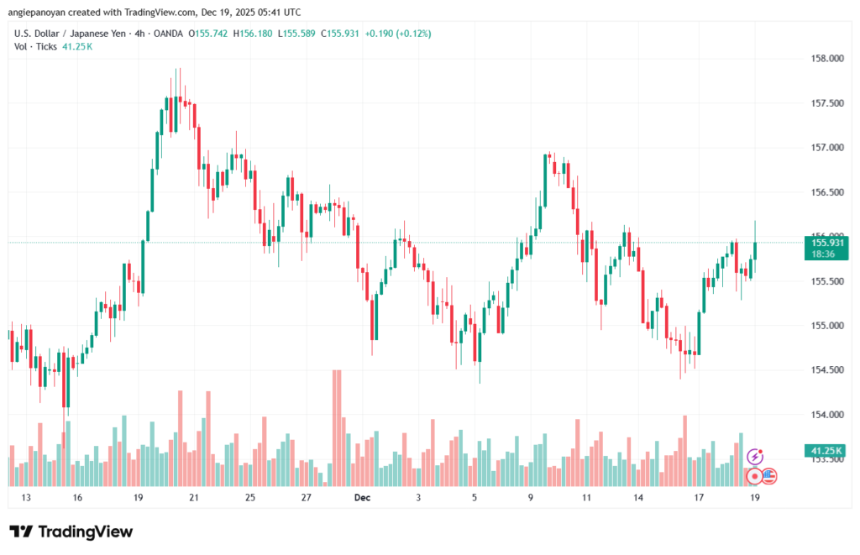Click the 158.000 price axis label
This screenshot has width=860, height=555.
(x=822, y=59)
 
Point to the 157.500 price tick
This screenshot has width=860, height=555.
(x=822, y=103)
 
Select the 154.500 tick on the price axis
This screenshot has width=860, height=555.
(x=822, y=370)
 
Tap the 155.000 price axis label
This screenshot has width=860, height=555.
(x=822, y=326)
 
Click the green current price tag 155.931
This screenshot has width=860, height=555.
(x=823, y=243)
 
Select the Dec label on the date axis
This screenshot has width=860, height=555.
(x=362, y=498)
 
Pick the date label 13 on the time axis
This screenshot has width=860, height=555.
(x=26, y=498)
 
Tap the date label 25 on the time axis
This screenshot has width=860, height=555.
(x=249, y=498)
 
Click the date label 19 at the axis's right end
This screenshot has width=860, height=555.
(x=755, y=498)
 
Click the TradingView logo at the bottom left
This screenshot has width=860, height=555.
(x=71, y=531)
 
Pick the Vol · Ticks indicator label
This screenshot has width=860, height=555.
(x=35, y=47)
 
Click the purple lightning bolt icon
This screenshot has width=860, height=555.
(x=755, y=457)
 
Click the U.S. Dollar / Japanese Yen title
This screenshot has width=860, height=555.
(x=69, y=34)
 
